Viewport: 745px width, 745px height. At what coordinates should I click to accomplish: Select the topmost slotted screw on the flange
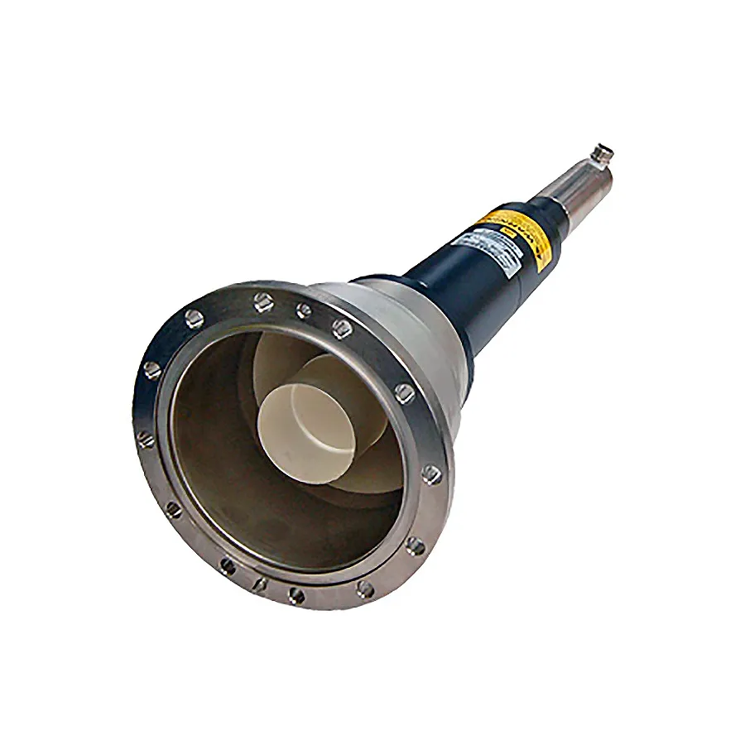[x=263, y=303]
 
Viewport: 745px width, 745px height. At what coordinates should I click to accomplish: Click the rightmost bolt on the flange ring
[x=431, y=474]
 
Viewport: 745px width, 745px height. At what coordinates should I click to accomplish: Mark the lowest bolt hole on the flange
[x=296, y=595]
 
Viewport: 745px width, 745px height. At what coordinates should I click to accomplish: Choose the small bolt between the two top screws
[x=304, y=310]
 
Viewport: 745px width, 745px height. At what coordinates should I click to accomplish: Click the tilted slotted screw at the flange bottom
[x=260, y=584]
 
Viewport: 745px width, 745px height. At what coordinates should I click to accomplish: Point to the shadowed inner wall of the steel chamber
[x=215, y=430]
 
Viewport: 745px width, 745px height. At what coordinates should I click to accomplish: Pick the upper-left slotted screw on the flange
[x=194, y=319]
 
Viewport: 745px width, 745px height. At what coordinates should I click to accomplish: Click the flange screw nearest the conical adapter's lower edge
[x=405, y=392]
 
